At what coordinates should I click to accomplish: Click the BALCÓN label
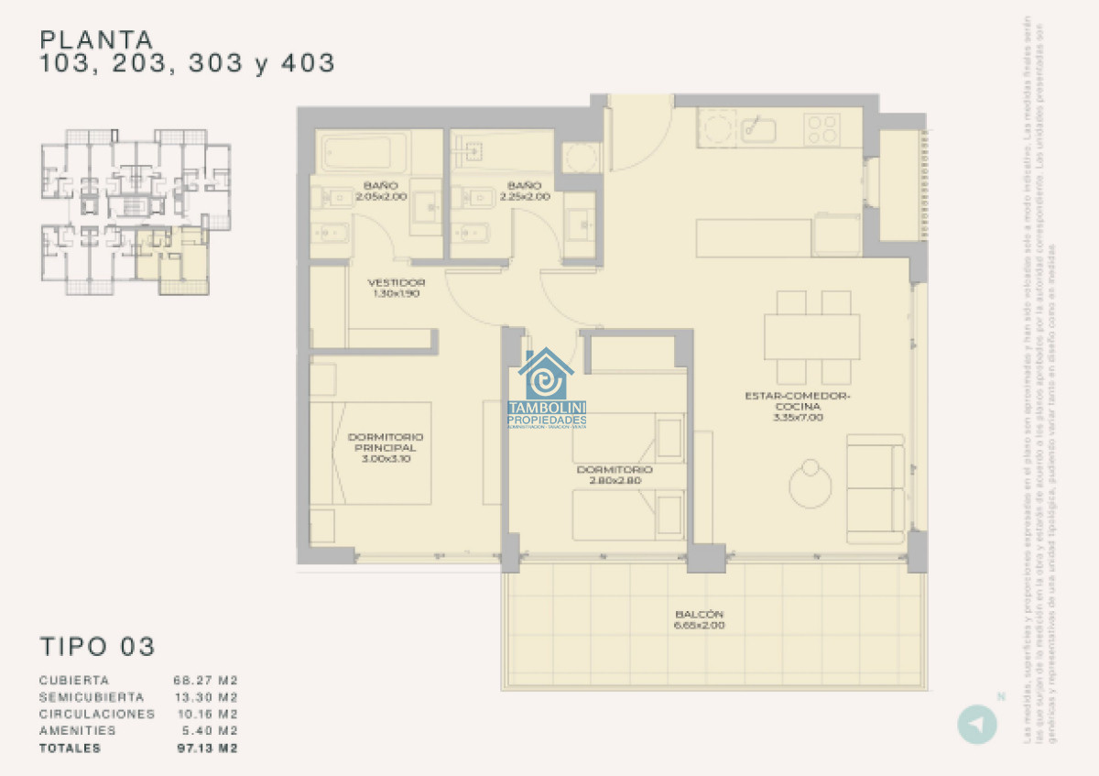coord(699,614)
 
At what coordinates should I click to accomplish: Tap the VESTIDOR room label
coord(396,282)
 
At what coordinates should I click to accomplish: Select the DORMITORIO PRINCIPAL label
coord(386,443)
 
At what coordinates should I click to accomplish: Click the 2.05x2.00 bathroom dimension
coord(381,196)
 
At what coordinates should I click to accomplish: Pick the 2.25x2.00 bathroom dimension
coord(526,196)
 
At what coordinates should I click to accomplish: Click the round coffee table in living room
coord(811,485)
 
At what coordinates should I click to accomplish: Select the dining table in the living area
coord(812,337)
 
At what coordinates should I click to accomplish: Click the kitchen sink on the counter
coord(758,129)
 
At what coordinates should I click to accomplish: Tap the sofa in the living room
coord(876,489)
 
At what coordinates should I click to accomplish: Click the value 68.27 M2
coord(206,681)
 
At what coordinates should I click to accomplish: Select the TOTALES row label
coord(70,748)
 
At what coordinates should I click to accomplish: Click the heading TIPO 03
coord(97,646)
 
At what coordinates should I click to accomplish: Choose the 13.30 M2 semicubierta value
coord(206,697)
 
